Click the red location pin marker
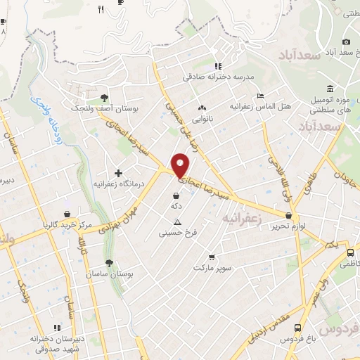click(x=181, y=165)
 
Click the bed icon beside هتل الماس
click(x=260, y=96)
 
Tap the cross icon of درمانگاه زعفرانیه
click(x=118, y=172)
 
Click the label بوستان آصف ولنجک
click(x=104, y=109)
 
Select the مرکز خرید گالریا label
click(x=67, y=225)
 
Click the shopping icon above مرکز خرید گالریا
click(x=67, y=214)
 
